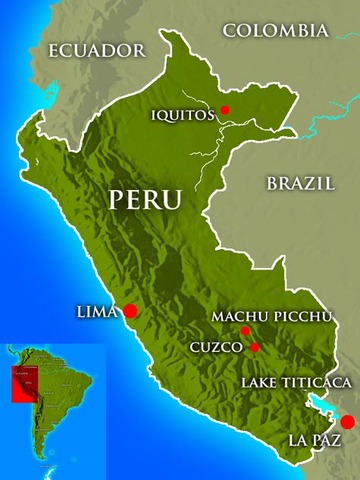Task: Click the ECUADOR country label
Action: coord(97,49)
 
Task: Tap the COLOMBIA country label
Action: coord(275,31)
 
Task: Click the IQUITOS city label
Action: coord(182,115)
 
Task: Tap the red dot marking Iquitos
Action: coord(225,110)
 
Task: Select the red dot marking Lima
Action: coord(129,312)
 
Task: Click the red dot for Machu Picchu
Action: coord(245,331)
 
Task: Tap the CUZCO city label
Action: coord(216,348)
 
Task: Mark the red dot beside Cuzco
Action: coord(255,348)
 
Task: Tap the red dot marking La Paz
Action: coord(347,422)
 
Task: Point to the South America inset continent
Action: coord(50,400)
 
